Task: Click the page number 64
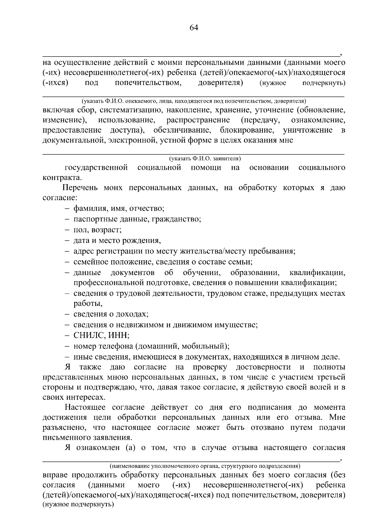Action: (193, 28)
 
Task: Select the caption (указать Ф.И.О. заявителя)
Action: (205, 159)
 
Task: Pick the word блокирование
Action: (247, 130)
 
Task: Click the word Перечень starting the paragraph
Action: (80, 188)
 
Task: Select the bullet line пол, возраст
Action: (97, 230)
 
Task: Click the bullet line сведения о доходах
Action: (111, 314)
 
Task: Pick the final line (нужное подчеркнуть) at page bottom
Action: (78, 505)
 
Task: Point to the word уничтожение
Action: (308, 130)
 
